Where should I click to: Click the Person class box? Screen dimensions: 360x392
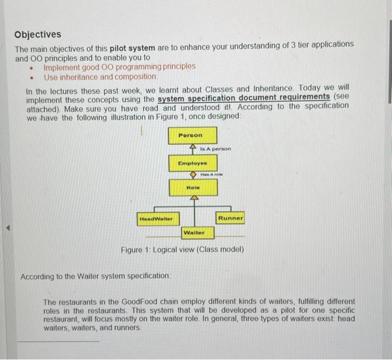click(190, 135)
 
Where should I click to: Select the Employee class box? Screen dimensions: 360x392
click(192, 163)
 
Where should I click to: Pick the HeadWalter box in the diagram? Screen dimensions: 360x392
click(156, 218)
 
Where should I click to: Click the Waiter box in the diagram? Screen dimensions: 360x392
click(194, 232)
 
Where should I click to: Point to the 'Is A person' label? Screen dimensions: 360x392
click(215, 149)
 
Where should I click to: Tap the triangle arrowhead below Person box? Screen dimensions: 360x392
click(193, 147)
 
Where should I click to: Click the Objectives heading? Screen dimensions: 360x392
click(38, 34)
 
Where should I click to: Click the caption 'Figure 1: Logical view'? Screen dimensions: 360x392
click(182, 249)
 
